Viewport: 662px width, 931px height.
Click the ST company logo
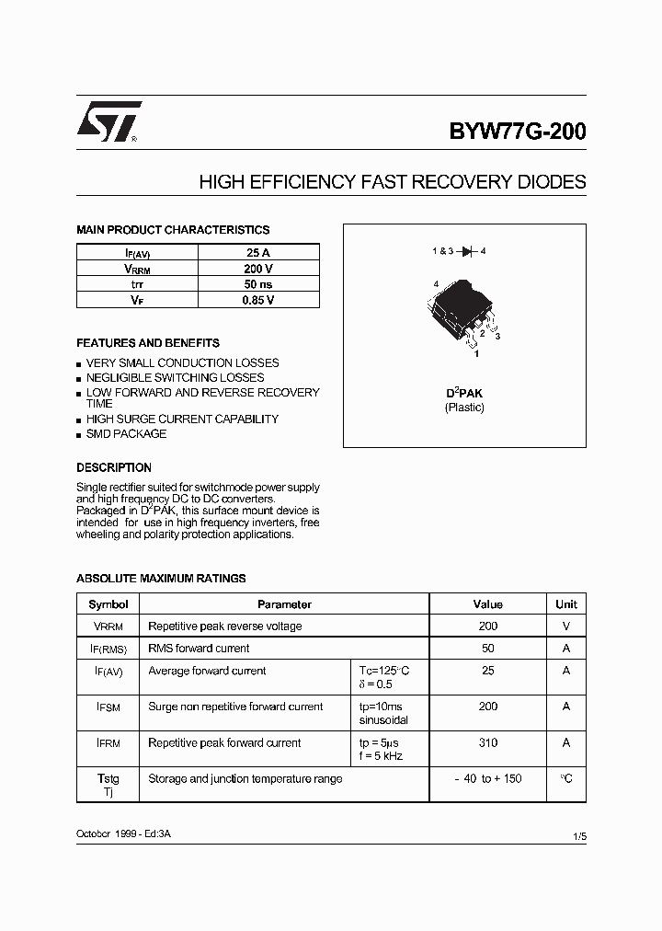(x=108, y=122)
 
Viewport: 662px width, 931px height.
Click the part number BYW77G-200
(x=517, y=131)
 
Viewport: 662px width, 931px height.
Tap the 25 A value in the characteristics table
(x=258, y=252)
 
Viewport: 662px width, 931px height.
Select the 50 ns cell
(x=258, y=284)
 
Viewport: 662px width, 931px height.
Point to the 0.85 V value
(x=258, y=300)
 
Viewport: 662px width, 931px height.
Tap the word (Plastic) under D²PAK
(x=464, y=408)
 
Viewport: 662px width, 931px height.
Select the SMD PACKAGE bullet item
(x=126, y=434)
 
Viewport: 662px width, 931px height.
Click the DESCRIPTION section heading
(x=114, y=467)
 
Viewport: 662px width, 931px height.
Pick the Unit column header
(x=566, y=604)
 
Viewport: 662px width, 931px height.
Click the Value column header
(x=487, y=604)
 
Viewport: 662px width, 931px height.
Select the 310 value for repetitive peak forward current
(x=487, y=742)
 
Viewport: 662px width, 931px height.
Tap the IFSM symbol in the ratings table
(x=108, y=707)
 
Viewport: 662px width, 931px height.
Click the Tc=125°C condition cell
(x=383, y=671)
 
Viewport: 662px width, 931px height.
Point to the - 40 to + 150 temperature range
(x=487, y=778)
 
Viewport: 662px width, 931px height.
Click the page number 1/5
(x=578, y=836)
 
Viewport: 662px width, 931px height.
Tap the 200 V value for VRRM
(x=258, y=269)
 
